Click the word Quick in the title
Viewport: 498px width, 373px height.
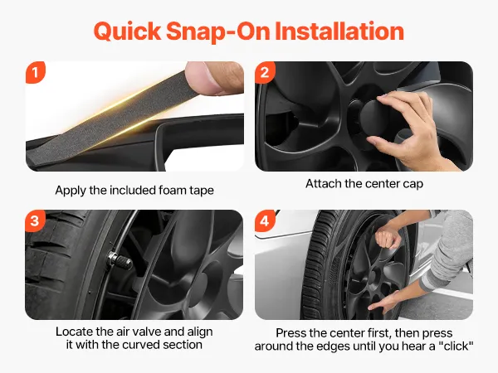point(128,32)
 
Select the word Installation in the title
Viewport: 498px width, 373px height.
point(339,31)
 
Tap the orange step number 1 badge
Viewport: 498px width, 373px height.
point(35,72)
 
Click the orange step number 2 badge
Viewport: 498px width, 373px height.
point(265,72)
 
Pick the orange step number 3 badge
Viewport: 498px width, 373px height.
point(35,220)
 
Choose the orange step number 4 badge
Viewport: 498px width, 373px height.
point(265,220)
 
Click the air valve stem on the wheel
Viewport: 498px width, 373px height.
point(120,260)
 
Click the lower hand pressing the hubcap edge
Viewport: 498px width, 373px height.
point(385,303)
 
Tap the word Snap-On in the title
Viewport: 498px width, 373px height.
point(218,32)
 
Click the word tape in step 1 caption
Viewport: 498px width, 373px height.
point(202,191)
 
